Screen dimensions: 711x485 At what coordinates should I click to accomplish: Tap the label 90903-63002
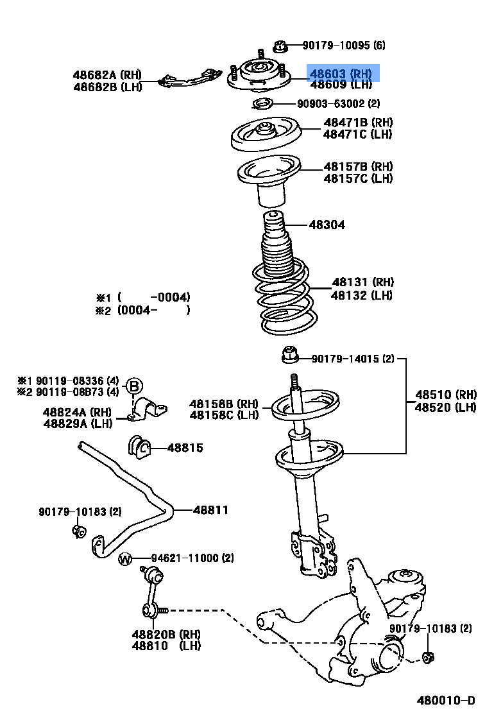point(338,103)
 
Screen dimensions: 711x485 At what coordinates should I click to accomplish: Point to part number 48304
point(327,225)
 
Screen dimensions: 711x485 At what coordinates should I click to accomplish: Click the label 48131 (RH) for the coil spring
point(362,282)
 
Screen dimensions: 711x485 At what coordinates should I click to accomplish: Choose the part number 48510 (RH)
point(445,394)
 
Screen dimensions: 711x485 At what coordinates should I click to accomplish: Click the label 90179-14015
point(353,359)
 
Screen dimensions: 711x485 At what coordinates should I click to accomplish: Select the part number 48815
point(185,448)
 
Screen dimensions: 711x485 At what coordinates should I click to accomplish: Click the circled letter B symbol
point(133,386)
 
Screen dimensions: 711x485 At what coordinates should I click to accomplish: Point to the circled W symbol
point(125,560)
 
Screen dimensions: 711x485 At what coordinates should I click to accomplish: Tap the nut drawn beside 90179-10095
point(278,46)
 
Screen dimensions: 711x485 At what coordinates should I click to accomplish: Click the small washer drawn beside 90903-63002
point(262,103)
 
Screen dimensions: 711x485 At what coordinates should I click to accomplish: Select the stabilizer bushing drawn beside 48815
point(139,446)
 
